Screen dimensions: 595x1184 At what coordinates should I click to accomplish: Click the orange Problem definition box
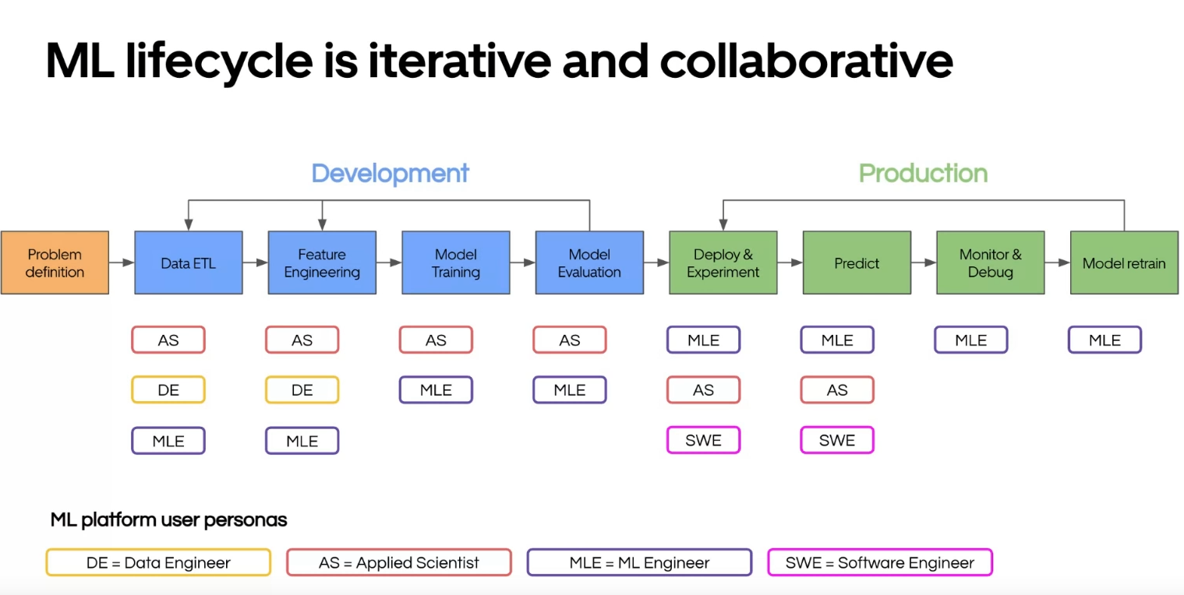(x=55, y=262)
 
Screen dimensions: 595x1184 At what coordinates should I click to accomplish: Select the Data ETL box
(x=188, y=262)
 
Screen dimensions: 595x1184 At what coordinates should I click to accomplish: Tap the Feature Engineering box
(x=322, y=262)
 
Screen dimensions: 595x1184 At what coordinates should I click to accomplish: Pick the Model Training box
(x=456, y=262)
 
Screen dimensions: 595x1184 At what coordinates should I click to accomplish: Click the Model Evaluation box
(x=589, y=262)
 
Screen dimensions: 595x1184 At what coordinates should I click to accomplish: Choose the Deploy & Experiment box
(x=723, y=262)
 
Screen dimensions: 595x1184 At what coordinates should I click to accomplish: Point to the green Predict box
(x=857, y=262)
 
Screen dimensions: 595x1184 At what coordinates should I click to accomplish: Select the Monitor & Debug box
(x=990, y=262)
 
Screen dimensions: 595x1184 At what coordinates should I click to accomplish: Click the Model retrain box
(x=1124, y=262)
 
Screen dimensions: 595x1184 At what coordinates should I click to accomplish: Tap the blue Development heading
(x=390, y=173)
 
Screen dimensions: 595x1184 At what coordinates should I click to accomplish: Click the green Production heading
(x=923, y=173)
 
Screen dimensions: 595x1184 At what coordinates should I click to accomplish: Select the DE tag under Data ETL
(x=168, y=389)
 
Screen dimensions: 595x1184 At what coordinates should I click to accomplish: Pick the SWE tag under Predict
(x=837, y=440)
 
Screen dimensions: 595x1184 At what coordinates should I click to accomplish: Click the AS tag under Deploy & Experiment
(x=703, y=389)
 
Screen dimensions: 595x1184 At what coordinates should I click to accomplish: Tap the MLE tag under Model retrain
(x=1104, y=340)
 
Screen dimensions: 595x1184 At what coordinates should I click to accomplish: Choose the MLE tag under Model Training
(x=436, y=389)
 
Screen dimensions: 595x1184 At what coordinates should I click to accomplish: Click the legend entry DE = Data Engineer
(x=158, y=562)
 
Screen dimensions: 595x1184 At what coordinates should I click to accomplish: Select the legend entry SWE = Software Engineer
(x=880, y=562)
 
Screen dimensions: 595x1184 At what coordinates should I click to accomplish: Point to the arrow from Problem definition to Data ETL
(x=122, y=262)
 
